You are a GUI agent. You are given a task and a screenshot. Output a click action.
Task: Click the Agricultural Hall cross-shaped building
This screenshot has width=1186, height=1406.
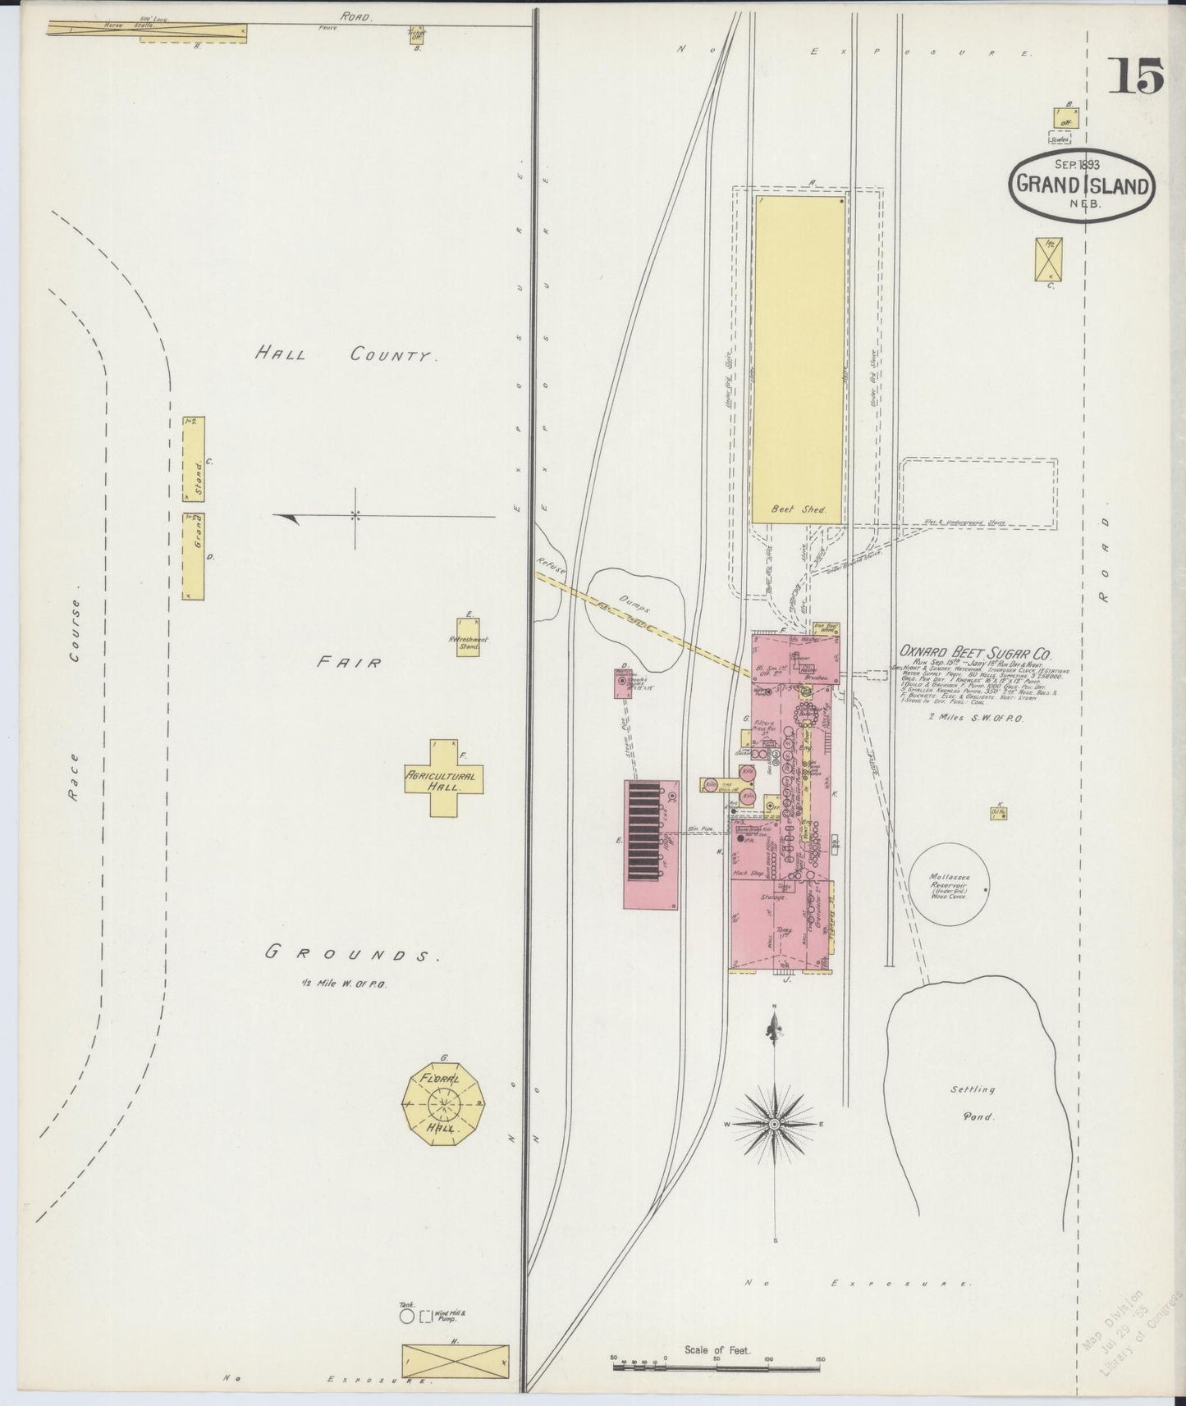tap(444, 778)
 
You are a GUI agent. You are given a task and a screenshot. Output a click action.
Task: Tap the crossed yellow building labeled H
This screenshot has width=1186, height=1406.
tap(455, 1361)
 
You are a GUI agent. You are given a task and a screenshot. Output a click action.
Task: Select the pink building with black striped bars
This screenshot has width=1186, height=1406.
tap(650, 844)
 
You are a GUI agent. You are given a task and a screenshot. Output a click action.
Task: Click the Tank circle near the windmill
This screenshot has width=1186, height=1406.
tap(405, 1316)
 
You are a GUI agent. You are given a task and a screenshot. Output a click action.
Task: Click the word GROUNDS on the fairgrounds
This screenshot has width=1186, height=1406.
tap(348, 953)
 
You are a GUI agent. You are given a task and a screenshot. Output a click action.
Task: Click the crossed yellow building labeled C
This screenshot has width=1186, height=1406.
tap(1048, 258)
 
